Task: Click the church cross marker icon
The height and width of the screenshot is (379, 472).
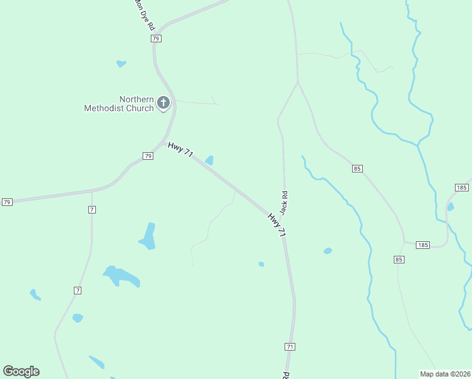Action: point(163,102)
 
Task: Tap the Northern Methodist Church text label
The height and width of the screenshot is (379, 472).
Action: point(119,104)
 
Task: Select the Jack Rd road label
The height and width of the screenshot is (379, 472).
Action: point(285,202)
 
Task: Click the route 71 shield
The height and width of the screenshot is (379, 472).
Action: point(290,347)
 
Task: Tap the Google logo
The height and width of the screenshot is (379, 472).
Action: point(21,371)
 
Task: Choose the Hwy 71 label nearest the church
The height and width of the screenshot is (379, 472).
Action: point(180,150)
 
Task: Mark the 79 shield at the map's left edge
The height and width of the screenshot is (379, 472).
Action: point(7,202)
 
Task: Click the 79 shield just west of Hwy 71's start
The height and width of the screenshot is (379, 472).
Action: point(148,156)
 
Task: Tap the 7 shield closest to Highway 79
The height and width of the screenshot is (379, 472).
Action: point(92,209)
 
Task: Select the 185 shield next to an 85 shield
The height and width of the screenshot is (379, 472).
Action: point(422,244)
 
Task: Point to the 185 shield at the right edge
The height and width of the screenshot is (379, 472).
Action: point(461,188)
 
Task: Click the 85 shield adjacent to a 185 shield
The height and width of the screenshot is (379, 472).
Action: point(398,260)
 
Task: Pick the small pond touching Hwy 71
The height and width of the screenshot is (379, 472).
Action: point(209,160)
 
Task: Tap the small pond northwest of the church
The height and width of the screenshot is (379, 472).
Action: point(121,63)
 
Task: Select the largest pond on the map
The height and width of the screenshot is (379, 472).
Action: point(121,276)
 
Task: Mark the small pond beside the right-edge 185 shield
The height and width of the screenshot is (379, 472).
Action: point(451,207)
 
